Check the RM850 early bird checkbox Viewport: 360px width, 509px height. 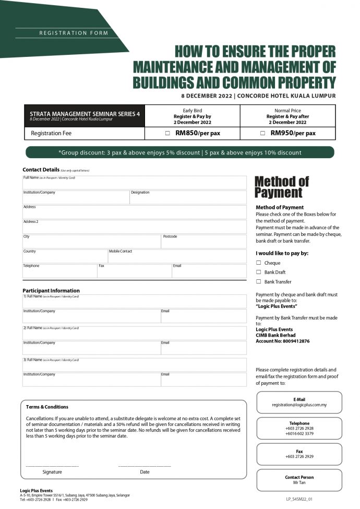167,133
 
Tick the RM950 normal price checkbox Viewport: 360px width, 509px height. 262,133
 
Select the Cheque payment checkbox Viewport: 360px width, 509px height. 259,263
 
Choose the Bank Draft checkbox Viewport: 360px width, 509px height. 259,272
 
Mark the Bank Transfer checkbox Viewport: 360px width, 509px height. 259,281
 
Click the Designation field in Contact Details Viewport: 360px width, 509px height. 188,198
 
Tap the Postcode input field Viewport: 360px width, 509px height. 203,242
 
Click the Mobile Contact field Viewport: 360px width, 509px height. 177,257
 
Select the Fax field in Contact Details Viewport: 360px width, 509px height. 135,271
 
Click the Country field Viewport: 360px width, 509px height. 65,257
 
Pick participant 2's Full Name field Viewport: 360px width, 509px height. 134,334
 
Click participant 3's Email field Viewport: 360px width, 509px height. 203,380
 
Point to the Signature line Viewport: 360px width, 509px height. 52,465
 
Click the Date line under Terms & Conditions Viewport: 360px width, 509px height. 145,465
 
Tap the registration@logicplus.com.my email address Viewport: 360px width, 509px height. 299,405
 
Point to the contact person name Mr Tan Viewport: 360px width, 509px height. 299,483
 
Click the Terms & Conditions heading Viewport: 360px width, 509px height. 47,407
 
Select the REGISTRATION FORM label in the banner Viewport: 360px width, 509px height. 74,33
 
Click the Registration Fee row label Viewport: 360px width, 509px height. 51,134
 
